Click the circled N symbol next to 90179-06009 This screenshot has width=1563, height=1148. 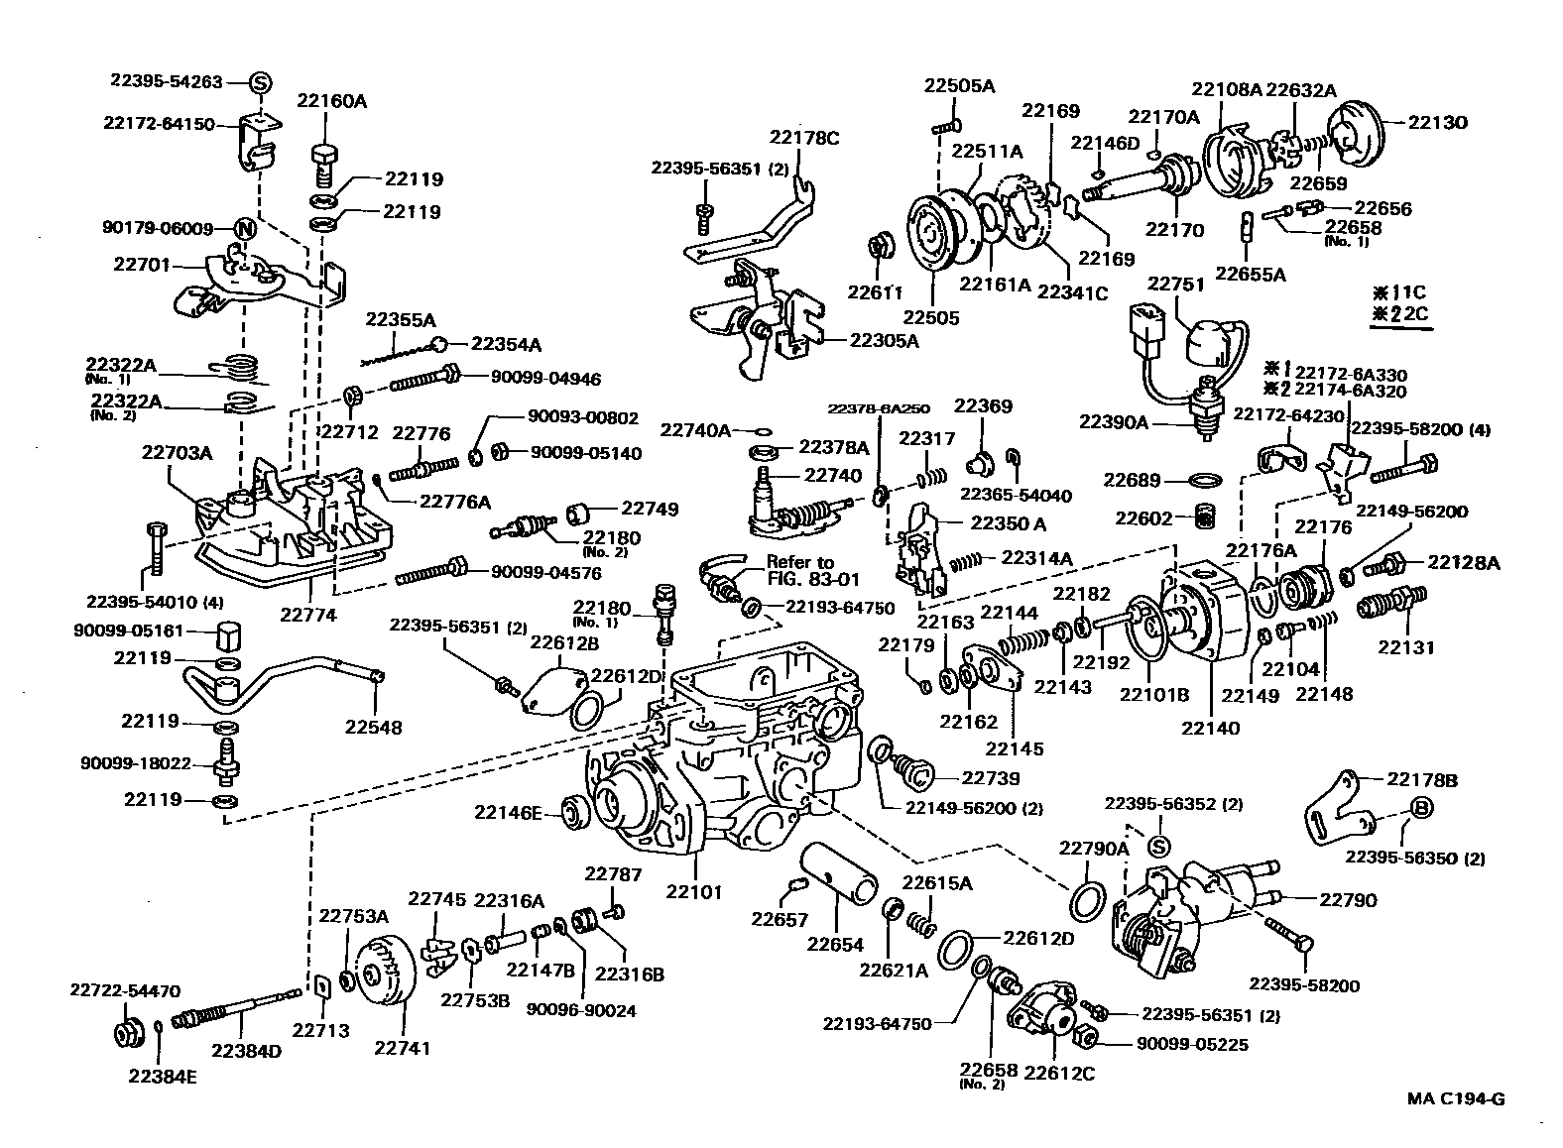pyautogui.click(x=244, y=229)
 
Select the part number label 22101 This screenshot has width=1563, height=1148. pyautogui.click(x=694, y=891)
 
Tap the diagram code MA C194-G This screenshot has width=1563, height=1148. pyautogui.click(x=1455, y=1098)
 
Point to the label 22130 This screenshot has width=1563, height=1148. pyautogui.click(x=1437, y=123)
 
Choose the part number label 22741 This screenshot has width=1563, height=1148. pyautogui.click(x=403, y=1047)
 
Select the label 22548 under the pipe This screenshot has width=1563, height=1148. pyautogui.click(x=374, y=727)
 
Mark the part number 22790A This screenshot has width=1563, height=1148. pyautogui.click(x=1094, y=848)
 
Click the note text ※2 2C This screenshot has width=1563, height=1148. pyautogui.click(x=1398, y=315)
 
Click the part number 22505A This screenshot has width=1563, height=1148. pyautogui.click(x=959, y=85)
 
